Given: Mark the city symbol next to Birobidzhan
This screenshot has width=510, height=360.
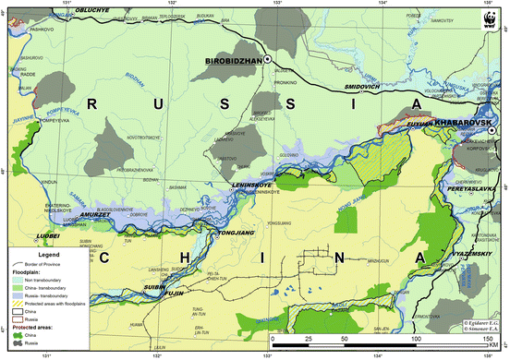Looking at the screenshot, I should point(267,59).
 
